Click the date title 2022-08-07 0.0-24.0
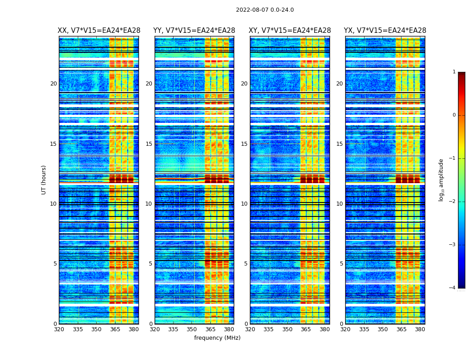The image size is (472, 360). (x=265, y=10)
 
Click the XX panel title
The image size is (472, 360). (x=99, y=31)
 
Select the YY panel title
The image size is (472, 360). (x=194, y=31)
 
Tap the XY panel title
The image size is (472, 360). (x=290, y=31)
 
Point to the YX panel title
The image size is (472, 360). (x=385, y=31)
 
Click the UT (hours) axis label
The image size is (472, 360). (x=44, y=180)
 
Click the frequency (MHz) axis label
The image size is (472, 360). (x=217, y=338)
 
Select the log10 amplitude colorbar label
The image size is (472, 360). (x=441, y=180)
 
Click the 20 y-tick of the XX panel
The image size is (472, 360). (x=53, y=84)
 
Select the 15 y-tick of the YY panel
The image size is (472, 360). (x=149, y=144)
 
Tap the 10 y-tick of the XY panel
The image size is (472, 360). (x=244, y=204)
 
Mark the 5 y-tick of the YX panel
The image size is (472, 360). (x=341, y=264)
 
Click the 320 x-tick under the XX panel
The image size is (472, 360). (x=59, y=329)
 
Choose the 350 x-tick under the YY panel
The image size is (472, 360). (x=192, y=329)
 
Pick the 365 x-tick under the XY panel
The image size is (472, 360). (x=306, y=329)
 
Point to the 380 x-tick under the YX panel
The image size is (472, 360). (x=420, y=329)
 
